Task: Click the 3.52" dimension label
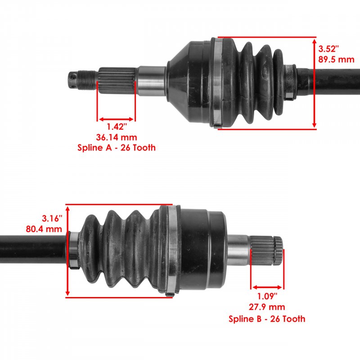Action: coord(328,49)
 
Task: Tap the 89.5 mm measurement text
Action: coord(336,59)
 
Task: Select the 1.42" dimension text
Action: coord(117,126)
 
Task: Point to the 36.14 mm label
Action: coord(117,137)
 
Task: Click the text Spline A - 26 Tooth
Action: coord(117,148)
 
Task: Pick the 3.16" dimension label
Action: coord(52,218)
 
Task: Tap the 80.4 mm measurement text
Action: coord(44,229)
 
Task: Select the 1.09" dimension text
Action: coord(267,297)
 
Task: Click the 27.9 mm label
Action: coord(267,307)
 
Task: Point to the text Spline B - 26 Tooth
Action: coord(267,319)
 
